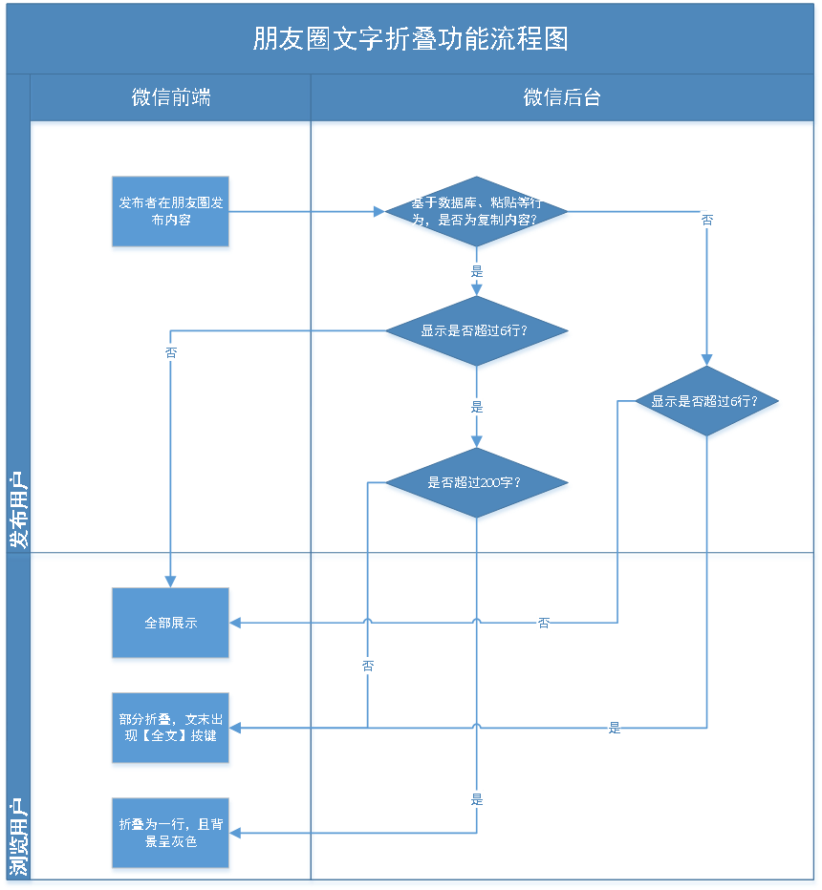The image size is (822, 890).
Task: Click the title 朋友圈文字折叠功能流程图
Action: click(x=410, y=38)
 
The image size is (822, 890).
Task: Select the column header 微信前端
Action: click(x=171, y=97)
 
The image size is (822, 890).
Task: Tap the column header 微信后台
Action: click(x=562, y=97)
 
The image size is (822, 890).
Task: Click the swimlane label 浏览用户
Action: click(x=18, y=837)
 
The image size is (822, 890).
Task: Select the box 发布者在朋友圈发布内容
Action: click(x=171, y=213)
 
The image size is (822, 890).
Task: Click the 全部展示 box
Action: click(x=171, y=624)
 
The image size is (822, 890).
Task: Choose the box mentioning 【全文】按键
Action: click(x=171, y=729)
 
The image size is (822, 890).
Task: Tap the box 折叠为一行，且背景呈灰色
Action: click(x=171, y=834)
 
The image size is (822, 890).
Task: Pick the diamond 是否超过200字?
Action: click(x=476, y=483)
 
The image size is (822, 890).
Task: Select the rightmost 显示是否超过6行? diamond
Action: click(x=706, y=402)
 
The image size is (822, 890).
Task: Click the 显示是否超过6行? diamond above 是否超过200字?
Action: click(x=476, y=332)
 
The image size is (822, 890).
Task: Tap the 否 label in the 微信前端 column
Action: click(x=171, y=352)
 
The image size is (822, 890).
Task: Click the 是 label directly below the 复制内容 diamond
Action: click(x=476, y=271)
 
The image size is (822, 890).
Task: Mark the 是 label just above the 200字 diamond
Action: click(x=476, y=408)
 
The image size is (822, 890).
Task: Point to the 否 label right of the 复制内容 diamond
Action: click(x=706, y=221)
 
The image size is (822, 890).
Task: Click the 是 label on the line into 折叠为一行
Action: click(x=476, y=798)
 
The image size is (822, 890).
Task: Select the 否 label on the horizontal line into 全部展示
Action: click(x=543, y=624)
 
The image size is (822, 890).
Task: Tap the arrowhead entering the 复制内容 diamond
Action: click(x=378, y=212)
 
